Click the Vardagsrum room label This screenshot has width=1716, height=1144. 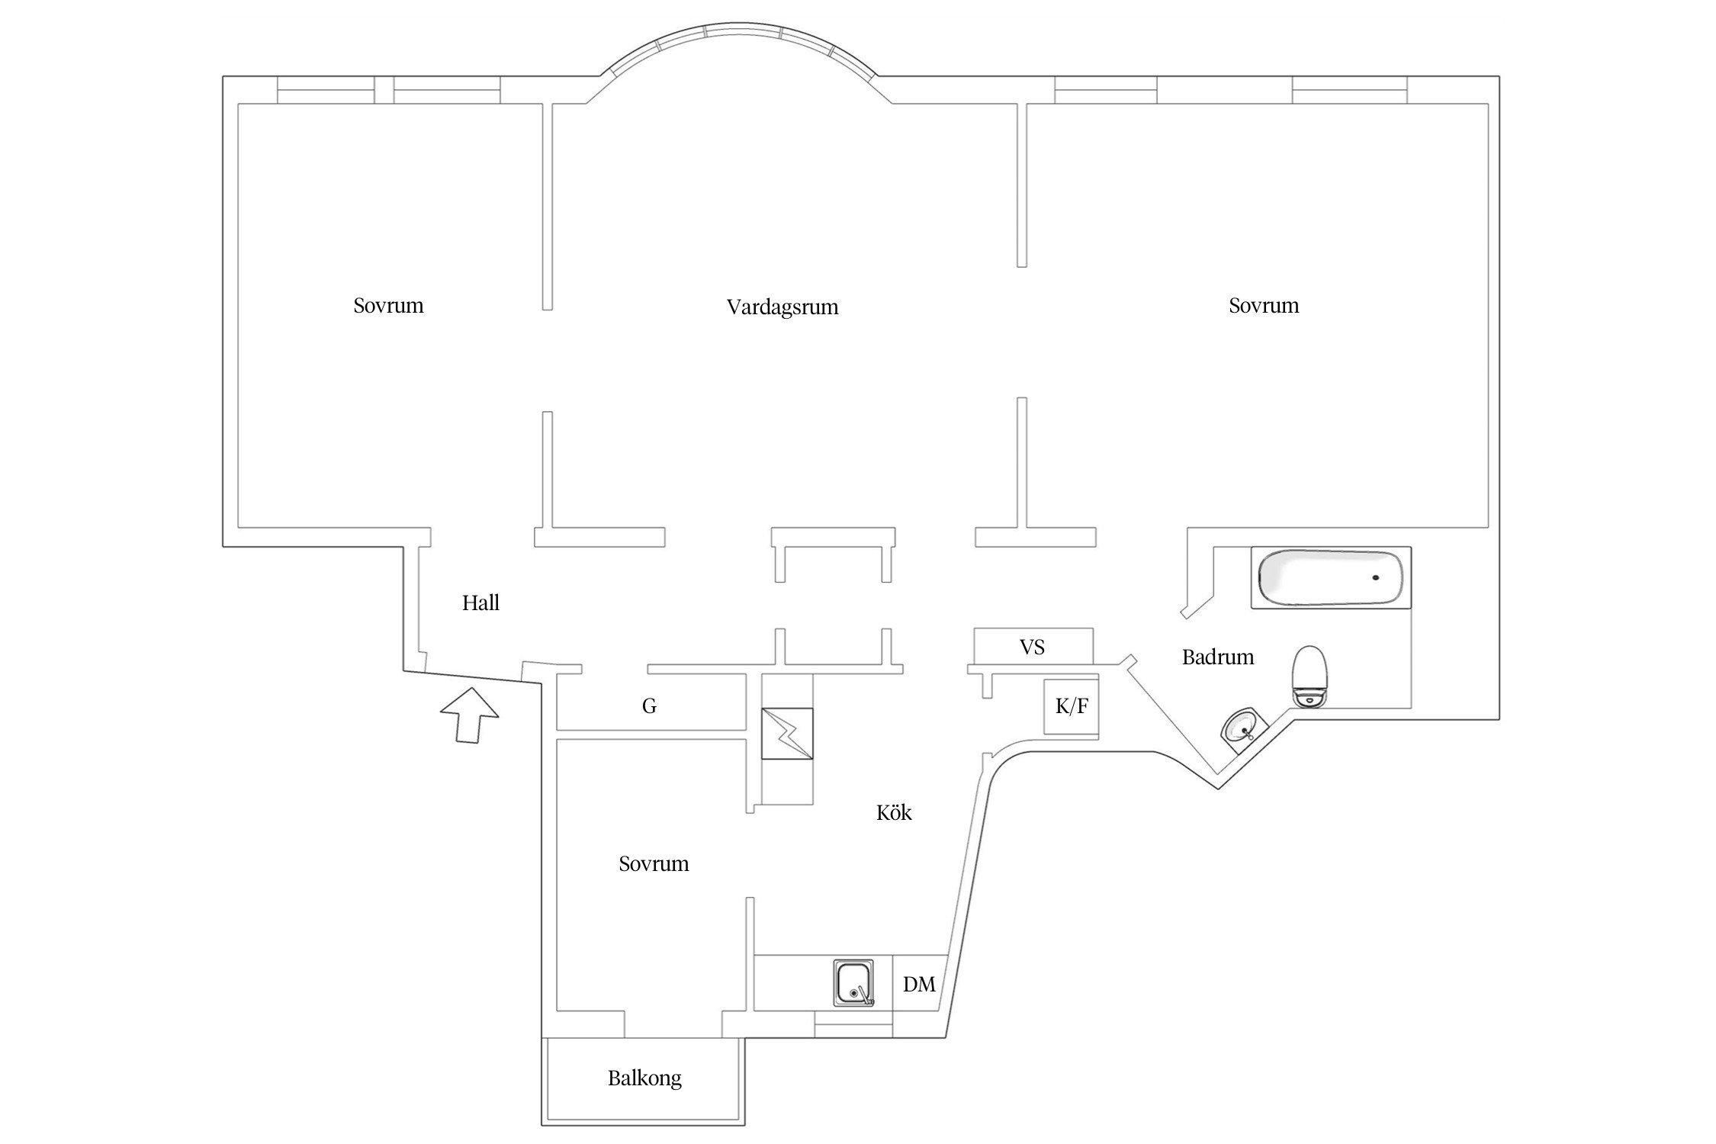click(x=782, y=307)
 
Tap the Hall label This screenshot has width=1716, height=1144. click(x=480, y=603)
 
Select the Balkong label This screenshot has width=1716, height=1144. click(x=644, y=1078)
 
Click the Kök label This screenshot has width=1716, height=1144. click(x=894, y=813)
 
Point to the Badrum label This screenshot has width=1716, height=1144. click(x=1218, y=657)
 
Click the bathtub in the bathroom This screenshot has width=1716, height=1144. click(x=1330, y=578)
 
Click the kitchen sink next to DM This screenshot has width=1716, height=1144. click(x=853, y=985)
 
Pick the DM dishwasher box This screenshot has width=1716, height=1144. click(x=919, y=985)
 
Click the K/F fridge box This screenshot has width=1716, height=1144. click(x=1071, y=707)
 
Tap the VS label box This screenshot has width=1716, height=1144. click(x=1033, y=648)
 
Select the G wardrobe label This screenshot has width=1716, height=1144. click(x=649, y=706)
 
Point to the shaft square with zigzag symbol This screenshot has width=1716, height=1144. click(x=787, y=733)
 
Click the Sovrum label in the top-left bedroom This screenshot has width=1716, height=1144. click(x=388, y=306)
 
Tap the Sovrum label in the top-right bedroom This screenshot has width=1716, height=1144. click(x=1264, y=306)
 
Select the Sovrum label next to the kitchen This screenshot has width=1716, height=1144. click(x=654, y=864)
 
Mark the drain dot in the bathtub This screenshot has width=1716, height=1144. click(x=1376, y=577)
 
